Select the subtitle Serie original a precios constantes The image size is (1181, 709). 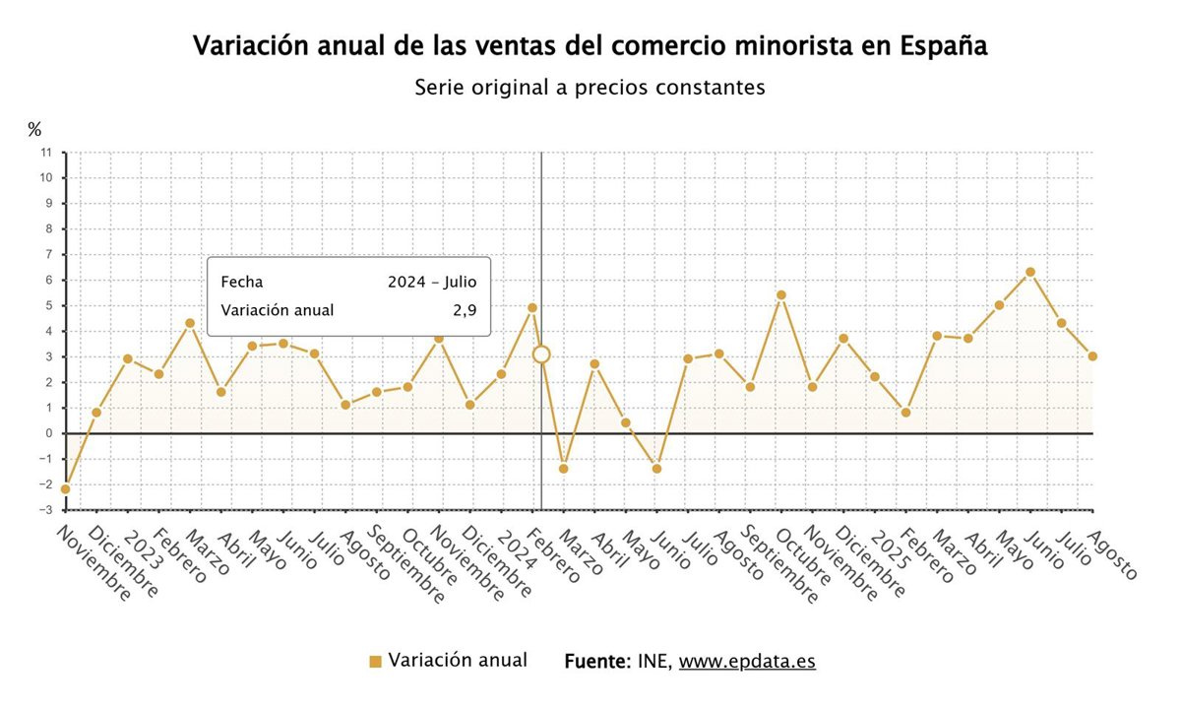(590, 88)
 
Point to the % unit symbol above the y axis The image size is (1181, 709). (34, 129)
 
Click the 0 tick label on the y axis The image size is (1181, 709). (48, 433)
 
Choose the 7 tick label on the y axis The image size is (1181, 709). (48, 254)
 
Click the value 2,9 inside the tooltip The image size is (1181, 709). (466, 310)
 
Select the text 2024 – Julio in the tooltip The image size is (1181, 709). (432, 282)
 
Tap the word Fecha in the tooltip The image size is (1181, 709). (242, 282)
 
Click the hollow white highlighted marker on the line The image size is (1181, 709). (540, 354)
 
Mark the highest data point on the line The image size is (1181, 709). (1029, 272)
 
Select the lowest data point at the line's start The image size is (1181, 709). (65, 489)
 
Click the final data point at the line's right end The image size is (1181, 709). (1092, 356)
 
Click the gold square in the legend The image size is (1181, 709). (375, 662)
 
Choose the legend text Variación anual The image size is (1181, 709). (458, 661)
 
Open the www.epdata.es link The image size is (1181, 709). (747, 662)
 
